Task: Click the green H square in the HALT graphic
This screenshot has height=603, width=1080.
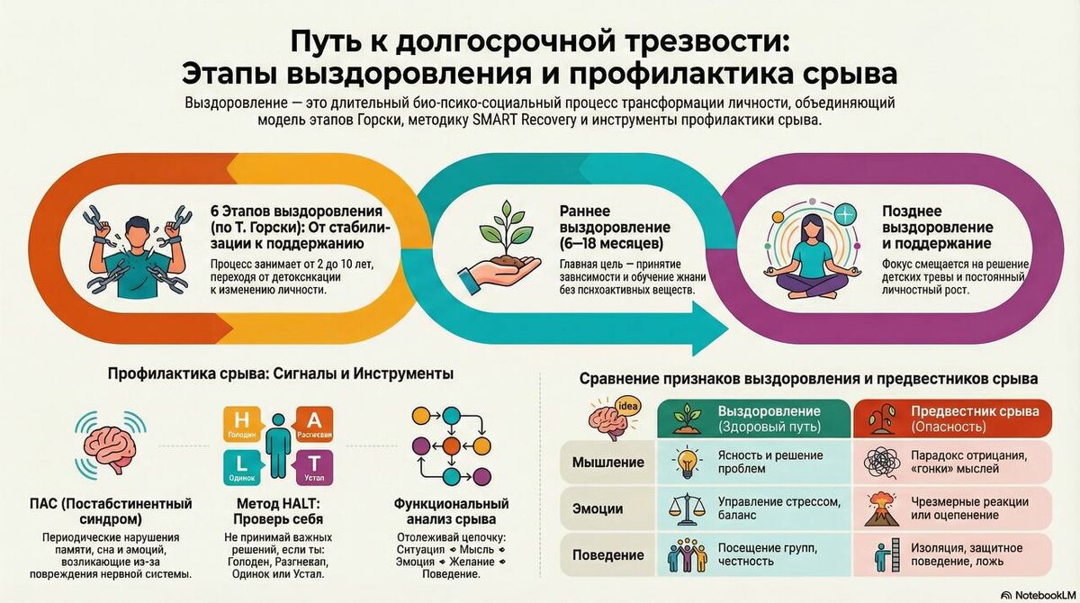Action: coord(241,422)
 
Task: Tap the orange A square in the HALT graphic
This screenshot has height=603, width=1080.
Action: coord(314,422)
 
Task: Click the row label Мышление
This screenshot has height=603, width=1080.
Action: coord(608,463)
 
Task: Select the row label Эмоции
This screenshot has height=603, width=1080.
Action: coord(598,508)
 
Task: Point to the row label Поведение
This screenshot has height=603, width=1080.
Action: coord(608,554)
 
